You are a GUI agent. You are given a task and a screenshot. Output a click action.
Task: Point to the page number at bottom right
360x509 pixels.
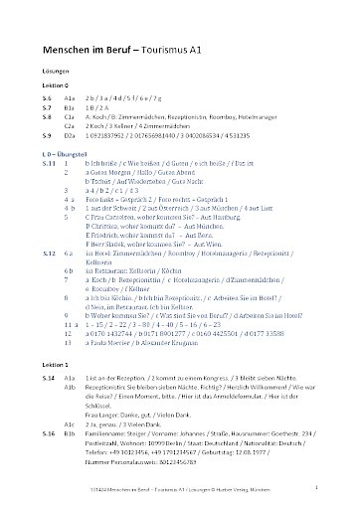point(315,490)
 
